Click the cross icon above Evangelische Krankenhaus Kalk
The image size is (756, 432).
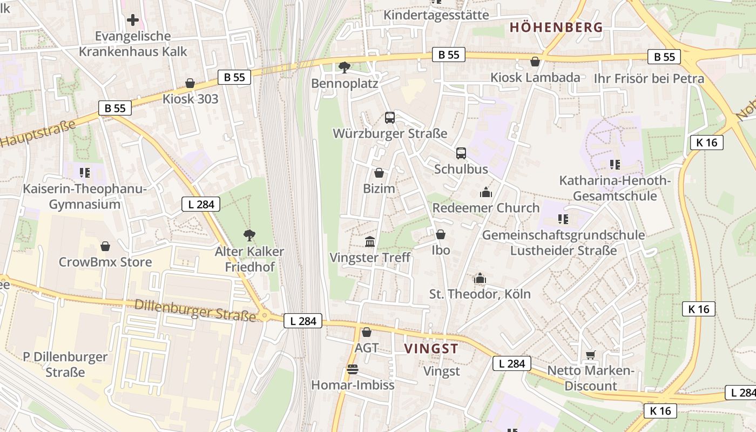point(133,21)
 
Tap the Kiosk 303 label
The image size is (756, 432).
point(191,99)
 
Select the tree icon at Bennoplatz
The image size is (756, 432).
point(344,67)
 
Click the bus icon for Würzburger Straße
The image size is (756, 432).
point(390,117)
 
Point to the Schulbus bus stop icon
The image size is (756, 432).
point(461,153)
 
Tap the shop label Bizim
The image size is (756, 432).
point(379,189)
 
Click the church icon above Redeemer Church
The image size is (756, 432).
point(485,192)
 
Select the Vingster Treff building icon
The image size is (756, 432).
point(370,241)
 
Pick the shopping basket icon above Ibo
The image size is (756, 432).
point(441,234)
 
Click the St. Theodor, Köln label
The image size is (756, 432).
point(480,294)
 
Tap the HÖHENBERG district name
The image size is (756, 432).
point(556,28)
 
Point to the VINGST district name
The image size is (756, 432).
point(431,349)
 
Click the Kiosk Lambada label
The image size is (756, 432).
point(535,78)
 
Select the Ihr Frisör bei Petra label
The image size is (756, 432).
point(649,79)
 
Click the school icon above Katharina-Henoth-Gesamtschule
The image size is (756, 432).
point(615,164)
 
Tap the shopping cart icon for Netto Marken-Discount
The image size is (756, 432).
point(591,355)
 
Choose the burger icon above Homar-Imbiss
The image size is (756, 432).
point(353,369)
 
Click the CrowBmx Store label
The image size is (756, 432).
point(105,262)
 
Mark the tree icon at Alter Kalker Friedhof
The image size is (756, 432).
point(249,235)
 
